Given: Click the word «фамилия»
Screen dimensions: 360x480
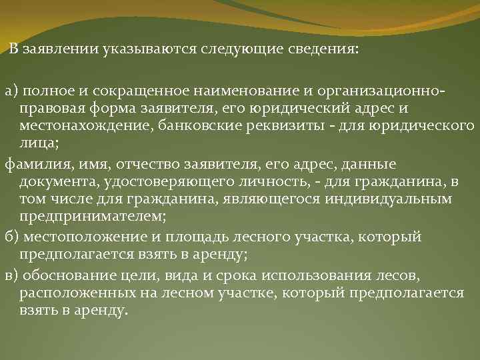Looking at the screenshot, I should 33,164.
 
